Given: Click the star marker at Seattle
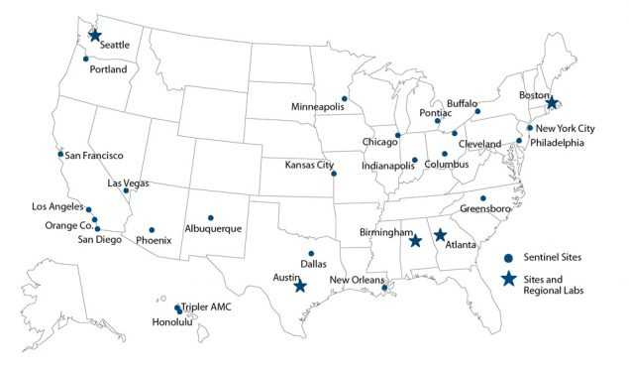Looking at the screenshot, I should pyautogui.click(x=95, y=36).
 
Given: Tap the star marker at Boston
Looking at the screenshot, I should pyautogui.click(x=553, y=103).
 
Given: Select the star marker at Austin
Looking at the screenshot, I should pyautogui.click(x=300, y=287).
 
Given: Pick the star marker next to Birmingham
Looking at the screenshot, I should pyautogui.click(x=416, y=241).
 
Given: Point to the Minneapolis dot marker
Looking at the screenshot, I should pyautogui.click(x=344, y=99).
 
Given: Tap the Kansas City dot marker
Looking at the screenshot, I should pyautogui.click(x=334, y=174).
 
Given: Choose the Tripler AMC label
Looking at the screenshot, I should pyautogui.click(x=206, y=307).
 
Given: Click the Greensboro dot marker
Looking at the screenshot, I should pyautogui.click(x=483, y=198).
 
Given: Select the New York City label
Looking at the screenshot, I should pyautogui.click(x=566, y=129).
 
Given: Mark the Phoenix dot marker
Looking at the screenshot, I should pyautogui.click(x=152, y=230).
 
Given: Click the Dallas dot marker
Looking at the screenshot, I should pyautogui.click(x=311, y=253).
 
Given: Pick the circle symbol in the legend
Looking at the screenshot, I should pyautogui.click(x=507, y=256).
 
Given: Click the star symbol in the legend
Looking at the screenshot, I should pyautogui.click(x=508, y=279).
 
